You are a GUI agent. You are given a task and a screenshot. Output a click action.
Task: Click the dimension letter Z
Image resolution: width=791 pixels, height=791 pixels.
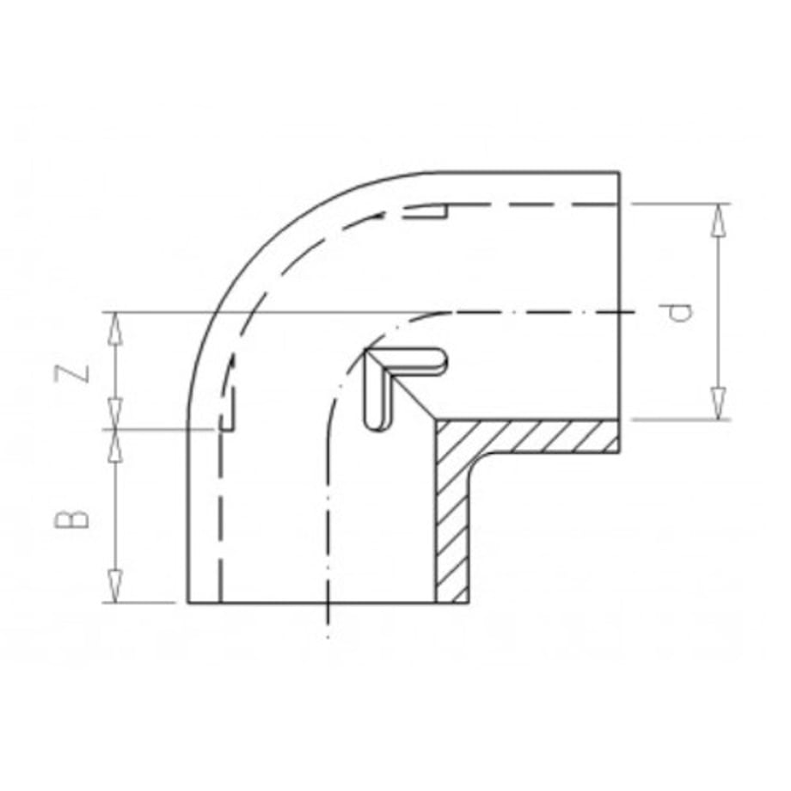[71, 373]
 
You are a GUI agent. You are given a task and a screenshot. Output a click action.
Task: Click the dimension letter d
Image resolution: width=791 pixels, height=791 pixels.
[679, 313]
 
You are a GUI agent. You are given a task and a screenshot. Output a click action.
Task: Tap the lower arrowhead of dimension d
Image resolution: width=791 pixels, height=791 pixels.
[717, 403]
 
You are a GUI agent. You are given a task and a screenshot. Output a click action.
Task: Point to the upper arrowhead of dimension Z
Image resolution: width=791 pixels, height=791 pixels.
[116, 328]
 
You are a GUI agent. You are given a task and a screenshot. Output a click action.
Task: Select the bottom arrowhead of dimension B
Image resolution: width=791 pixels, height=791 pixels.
[116, 586]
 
